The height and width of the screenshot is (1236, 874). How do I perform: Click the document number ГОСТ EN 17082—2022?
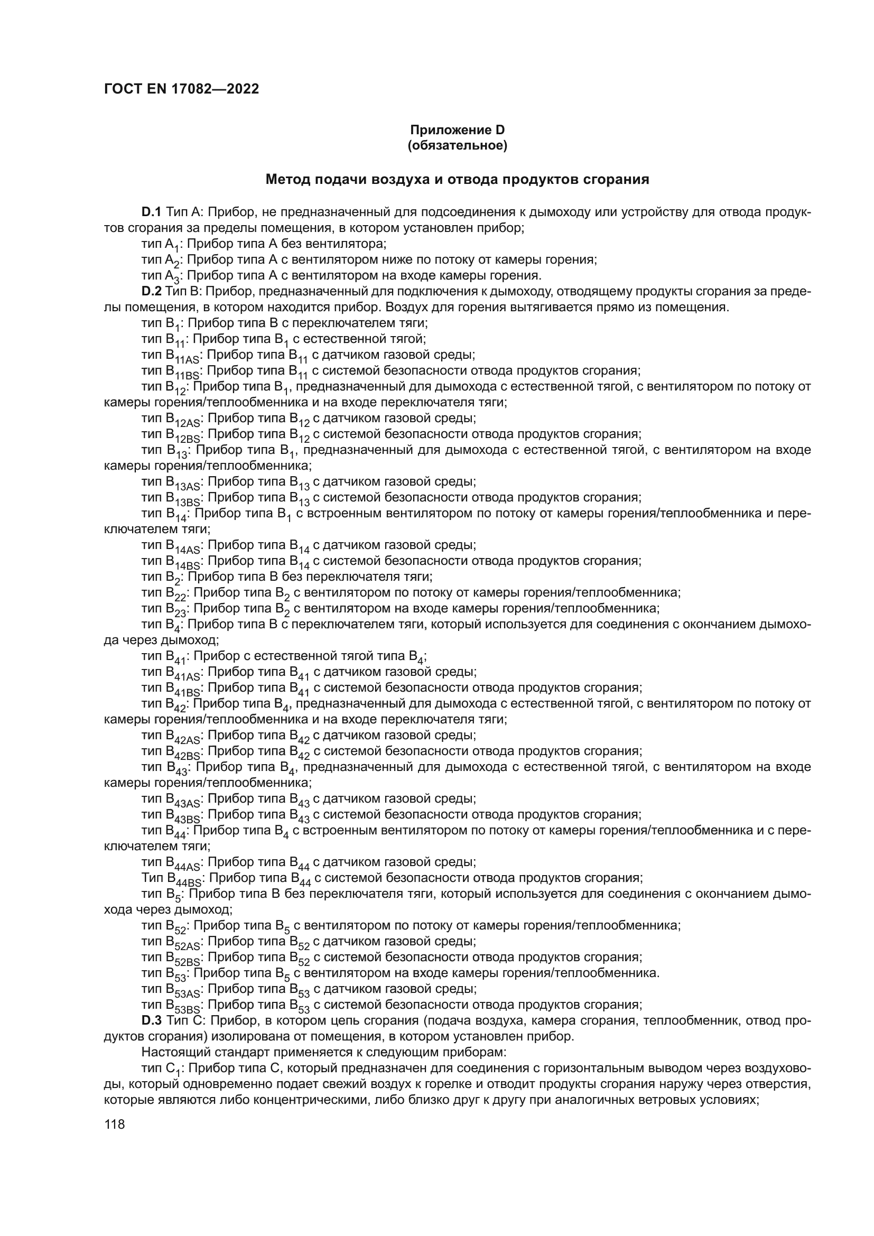tap(181, 89)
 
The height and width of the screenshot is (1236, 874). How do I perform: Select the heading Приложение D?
tap(458, 130)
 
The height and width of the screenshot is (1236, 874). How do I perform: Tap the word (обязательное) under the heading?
tap(458, 145)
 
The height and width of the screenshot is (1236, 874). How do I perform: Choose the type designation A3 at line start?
tap(173, 277)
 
